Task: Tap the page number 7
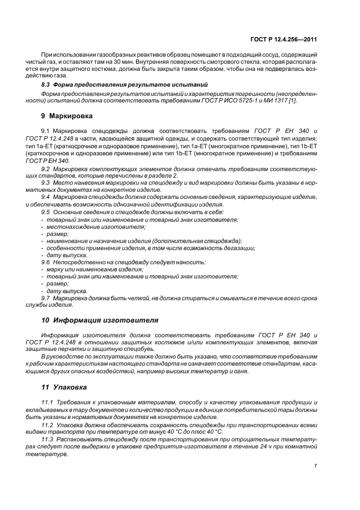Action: coord(316,466)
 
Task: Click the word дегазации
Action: coord(238,248)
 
